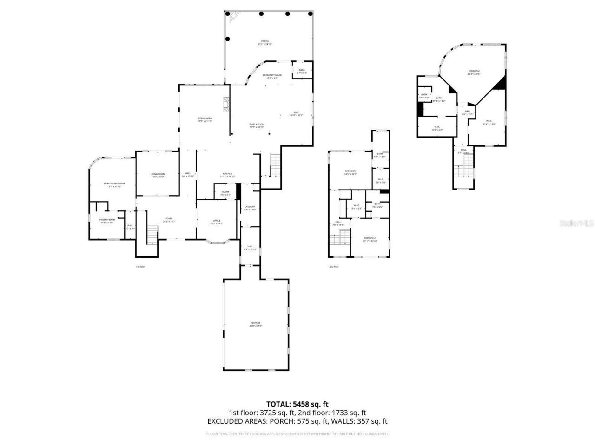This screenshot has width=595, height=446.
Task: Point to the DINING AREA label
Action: coord(205,119)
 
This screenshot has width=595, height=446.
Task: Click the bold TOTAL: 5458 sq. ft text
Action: coord(297,404)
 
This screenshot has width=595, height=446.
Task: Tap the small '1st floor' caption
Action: coord(140,267)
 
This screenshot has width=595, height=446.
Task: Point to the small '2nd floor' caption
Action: coord(334,267)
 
